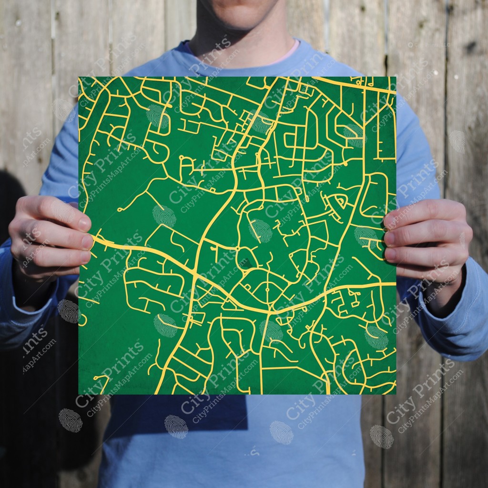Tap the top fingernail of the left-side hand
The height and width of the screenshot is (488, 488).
point(83,223)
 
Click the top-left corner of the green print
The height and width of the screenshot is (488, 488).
point(79,77)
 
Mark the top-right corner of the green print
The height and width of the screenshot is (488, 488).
point(396,77)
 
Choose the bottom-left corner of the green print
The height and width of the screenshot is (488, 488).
point(79,394)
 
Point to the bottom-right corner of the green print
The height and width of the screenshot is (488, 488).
point(396,394)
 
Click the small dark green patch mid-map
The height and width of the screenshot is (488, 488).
point(244,262)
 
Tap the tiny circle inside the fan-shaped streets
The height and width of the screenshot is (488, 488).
point(268,289)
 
